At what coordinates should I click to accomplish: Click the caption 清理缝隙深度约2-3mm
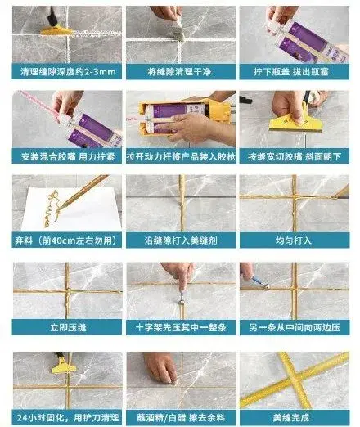click(x=67, y=71)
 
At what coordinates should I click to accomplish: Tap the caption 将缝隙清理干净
click(x=179, y=71)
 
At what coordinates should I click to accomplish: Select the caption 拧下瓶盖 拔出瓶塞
click(x=292, y=71)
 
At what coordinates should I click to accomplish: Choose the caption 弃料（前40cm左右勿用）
click(x=67, y=240)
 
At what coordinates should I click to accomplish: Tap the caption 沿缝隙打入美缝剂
click(x=179, y=240)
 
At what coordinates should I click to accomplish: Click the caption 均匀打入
click(x=292, y=240)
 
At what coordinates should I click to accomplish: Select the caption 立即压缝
click(x=67, y=326)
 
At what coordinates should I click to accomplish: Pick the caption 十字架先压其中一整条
click(x=179, y=326)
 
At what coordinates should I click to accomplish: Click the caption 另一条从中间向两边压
click(x=292, y=326)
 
